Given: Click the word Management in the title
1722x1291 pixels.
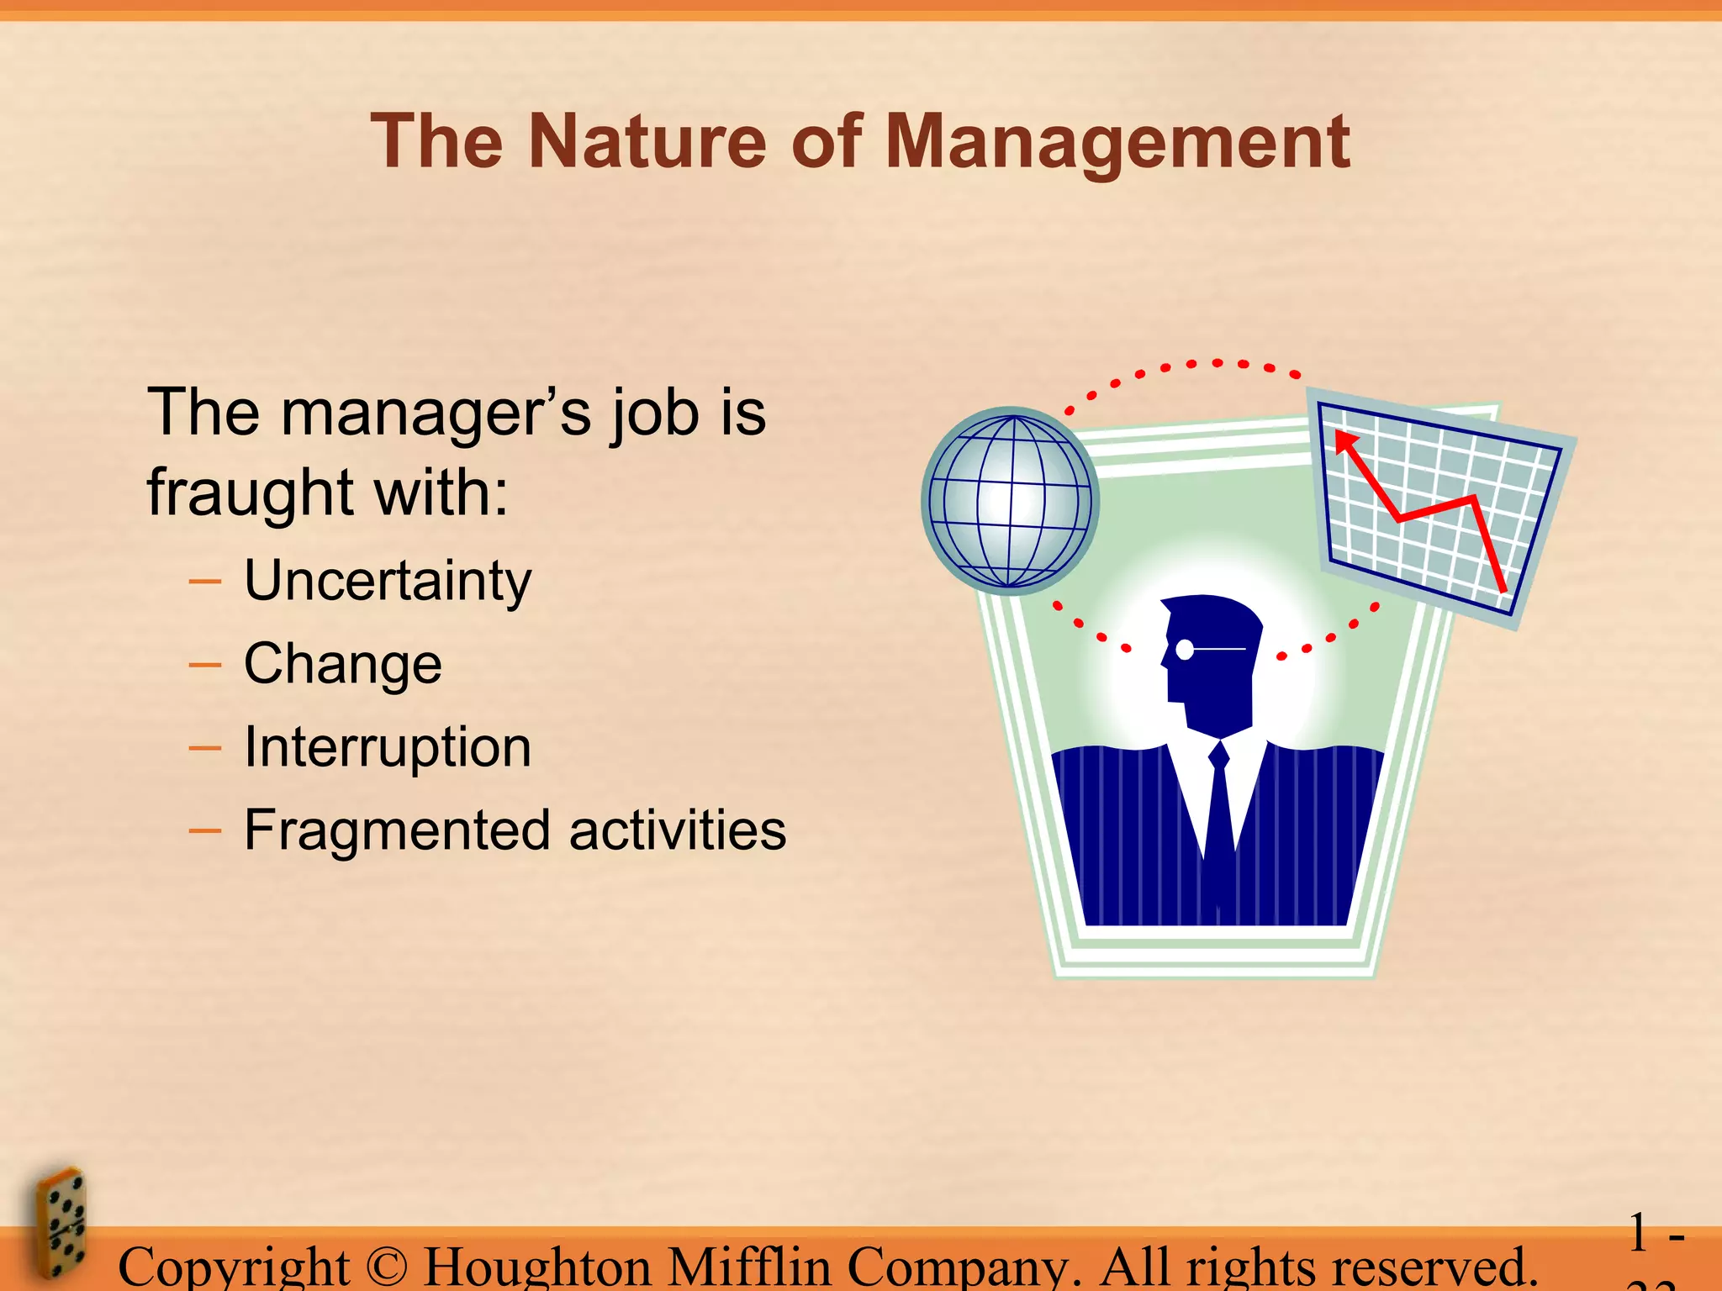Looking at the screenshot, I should [x=1117, y=143].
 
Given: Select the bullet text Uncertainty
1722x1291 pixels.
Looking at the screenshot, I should [x=388, y=581].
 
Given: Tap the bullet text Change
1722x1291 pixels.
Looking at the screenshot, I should [x=342, y=664].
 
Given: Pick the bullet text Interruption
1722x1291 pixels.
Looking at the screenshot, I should [x=388, y=747].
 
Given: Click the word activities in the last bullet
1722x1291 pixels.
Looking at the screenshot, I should [x=678, y=830].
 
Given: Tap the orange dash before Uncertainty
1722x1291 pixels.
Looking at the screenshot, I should [x=205, y=582].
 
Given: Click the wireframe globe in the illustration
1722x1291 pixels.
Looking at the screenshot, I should [x=1010, y=501].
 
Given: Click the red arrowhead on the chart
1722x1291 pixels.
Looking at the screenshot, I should [x=1346, y=441].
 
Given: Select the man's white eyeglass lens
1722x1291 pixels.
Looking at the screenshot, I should [x=1185, y=650].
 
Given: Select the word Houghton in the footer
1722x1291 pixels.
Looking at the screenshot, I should [x=537, y=1267].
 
